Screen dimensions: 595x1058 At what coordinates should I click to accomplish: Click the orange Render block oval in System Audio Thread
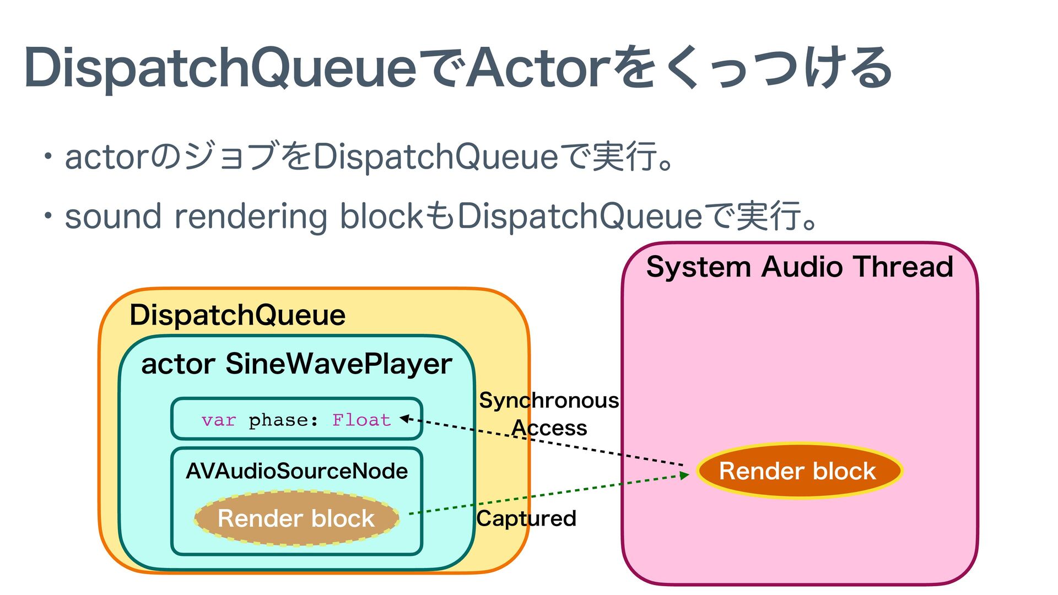coord(798,472)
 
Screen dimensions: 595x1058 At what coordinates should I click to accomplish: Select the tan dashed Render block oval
coord(296,518)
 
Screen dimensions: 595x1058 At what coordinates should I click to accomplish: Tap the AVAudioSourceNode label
coord(296,471)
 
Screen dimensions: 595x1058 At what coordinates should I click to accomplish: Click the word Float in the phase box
coord(361,420)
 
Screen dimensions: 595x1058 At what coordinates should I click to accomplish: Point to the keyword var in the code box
coord(218,420)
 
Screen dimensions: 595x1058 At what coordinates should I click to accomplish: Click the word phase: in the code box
coord(283,420)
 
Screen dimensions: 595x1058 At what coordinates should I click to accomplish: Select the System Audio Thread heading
coord(799,267)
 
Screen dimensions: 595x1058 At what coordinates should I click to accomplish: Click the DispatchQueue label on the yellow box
coord(237,315)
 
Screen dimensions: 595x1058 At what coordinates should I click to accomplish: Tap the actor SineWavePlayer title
coord(296,364)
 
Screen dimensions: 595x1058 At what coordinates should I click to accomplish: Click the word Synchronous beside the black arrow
coord(549,401)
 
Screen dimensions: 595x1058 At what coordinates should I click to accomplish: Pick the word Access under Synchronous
coord(549,428)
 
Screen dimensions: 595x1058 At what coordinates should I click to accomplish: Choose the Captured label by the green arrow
coord(526,518)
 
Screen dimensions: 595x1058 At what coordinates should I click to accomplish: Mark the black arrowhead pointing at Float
coord(404,419)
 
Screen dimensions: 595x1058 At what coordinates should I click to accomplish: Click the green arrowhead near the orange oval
coord(685,475)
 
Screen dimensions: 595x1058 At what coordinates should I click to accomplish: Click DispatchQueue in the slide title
coord(220,68)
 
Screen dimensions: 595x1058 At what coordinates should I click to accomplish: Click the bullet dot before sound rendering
coord(49,216)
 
